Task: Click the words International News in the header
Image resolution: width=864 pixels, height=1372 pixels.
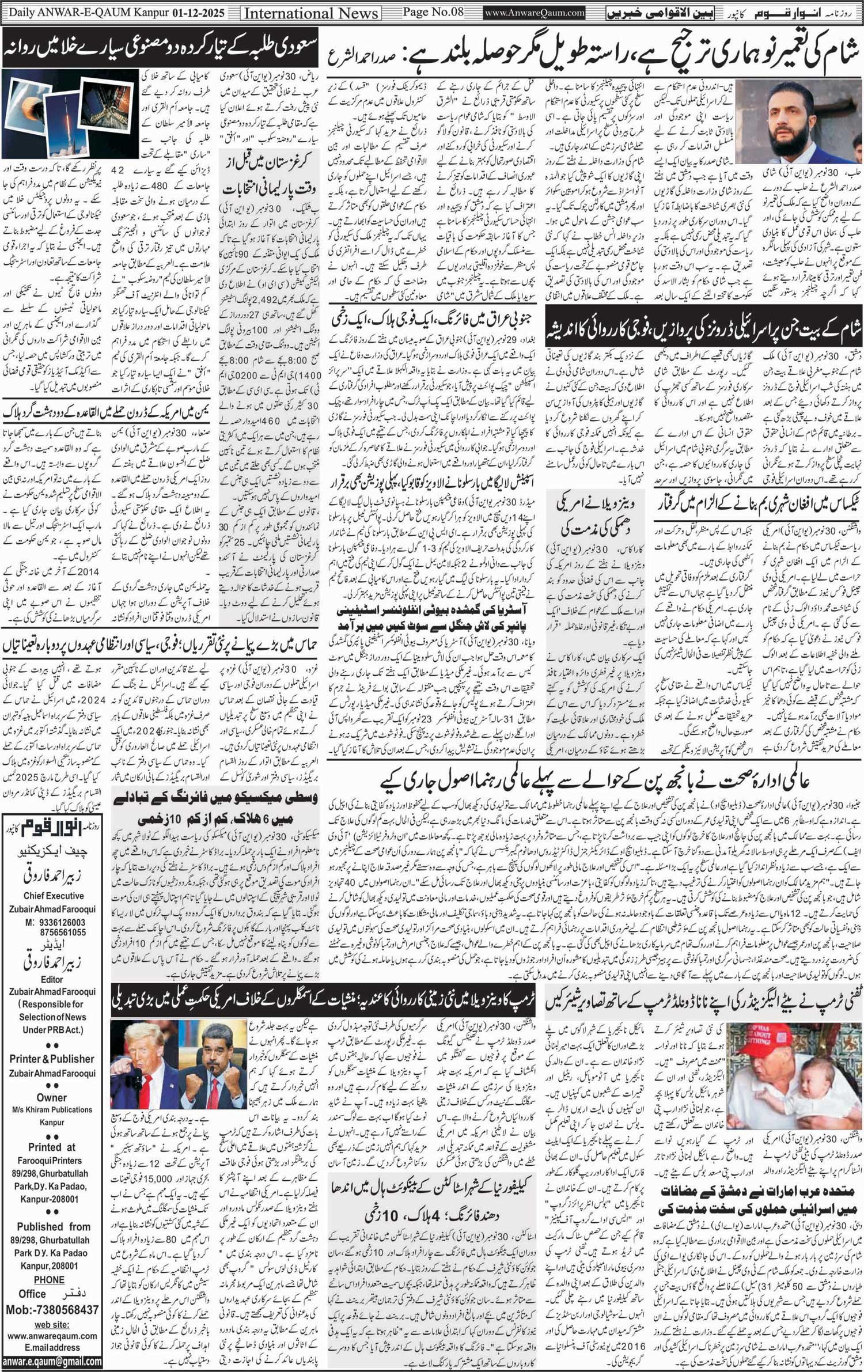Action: (x=311, y=13)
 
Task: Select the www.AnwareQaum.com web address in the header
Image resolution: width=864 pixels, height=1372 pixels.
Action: (x=535, y=12)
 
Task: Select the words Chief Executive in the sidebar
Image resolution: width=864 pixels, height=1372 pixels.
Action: (x=54, y=896)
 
